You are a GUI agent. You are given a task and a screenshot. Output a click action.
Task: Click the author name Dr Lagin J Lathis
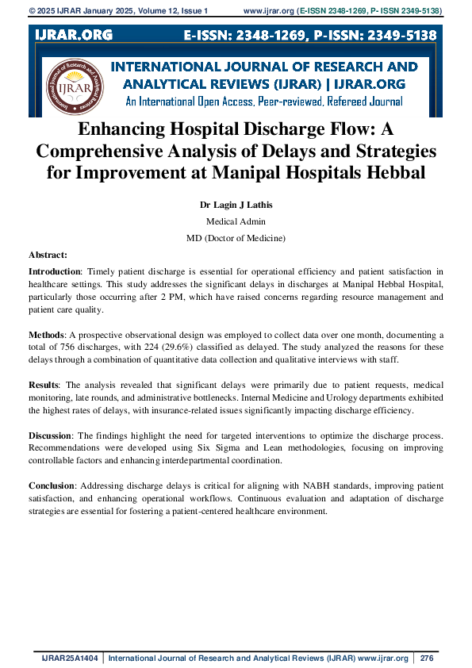[x=236, y=205]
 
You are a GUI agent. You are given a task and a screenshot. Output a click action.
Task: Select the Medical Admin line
[x=236, y=221]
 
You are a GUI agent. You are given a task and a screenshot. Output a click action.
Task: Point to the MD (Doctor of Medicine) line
[x=236, y=238]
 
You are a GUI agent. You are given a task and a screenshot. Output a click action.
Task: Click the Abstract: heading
[x=48, y=255]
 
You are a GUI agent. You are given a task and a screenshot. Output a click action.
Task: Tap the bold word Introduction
[x=55, y=271]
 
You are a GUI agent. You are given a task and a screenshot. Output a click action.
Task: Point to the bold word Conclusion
[x=52, y=485]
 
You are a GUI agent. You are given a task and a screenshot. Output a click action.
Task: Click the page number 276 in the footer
[x=427, y=658]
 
